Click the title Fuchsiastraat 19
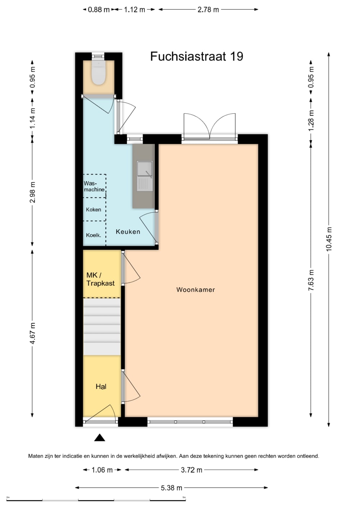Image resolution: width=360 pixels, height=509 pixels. pos(197,56)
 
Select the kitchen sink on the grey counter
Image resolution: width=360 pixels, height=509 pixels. pos(145,176)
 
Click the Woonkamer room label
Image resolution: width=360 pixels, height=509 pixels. pos(195,290)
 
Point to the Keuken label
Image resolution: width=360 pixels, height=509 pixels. pos(128,231)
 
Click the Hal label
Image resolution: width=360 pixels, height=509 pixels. pos(101,387)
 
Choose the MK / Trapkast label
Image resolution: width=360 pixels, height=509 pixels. pos(100,279)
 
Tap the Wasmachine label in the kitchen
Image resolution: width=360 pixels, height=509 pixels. pos(94,186)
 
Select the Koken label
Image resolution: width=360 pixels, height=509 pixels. pos(93,210)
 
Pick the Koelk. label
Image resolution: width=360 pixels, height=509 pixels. pos(93,235)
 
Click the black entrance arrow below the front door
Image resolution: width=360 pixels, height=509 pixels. pos(100,437)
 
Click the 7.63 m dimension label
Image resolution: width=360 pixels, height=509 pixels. pos(311,280)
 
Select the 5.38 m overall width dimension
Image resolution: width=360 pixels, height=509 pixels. pos(172,488)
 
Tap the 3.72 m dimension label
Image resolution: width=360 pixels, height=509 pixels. pos(192,470)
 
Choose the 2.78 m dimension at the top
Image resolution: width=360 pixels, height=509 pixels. pos(208,10)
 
